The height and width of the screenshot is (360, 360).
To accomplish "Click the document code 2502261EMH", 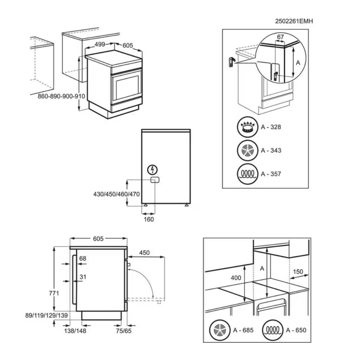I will pyautogui.click(x=294, y=22).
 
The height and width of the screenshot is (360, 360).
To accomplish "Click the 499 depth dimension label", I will pyautogui.click(x=100, y=44).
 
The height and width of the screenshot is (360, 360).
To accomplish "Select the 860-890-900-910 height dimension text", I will pyautogui.click(x=61, y=96).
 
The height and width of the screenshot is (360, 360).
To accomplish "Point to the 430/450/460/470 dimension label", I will pyautogui.click(x=116, y=194).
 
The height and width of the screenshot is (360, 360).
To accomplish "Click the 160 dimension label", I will pyautogui.click(x=149, y=219).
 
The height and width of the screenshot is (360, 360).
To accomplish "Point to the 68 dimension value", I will pyautogui.click(x=83, y=258).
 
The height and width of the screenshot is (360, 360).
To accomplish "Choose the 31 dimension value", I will pyautogui.click(x=83, y=277).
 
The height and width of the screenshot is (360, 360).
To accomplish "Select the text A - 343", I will pyautogui.click(x=271, y=150).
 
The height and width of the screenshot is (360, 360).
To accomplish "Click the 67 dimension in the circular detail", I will pyautogui.click(x=281, y=37).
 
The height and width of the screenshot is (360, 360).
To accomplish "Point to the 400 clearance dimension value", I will pyautogui.click(x=235, y=278).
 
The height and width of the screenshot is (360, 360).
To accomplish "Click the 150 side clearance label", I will pyautogui.click(x=298, y=272).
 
